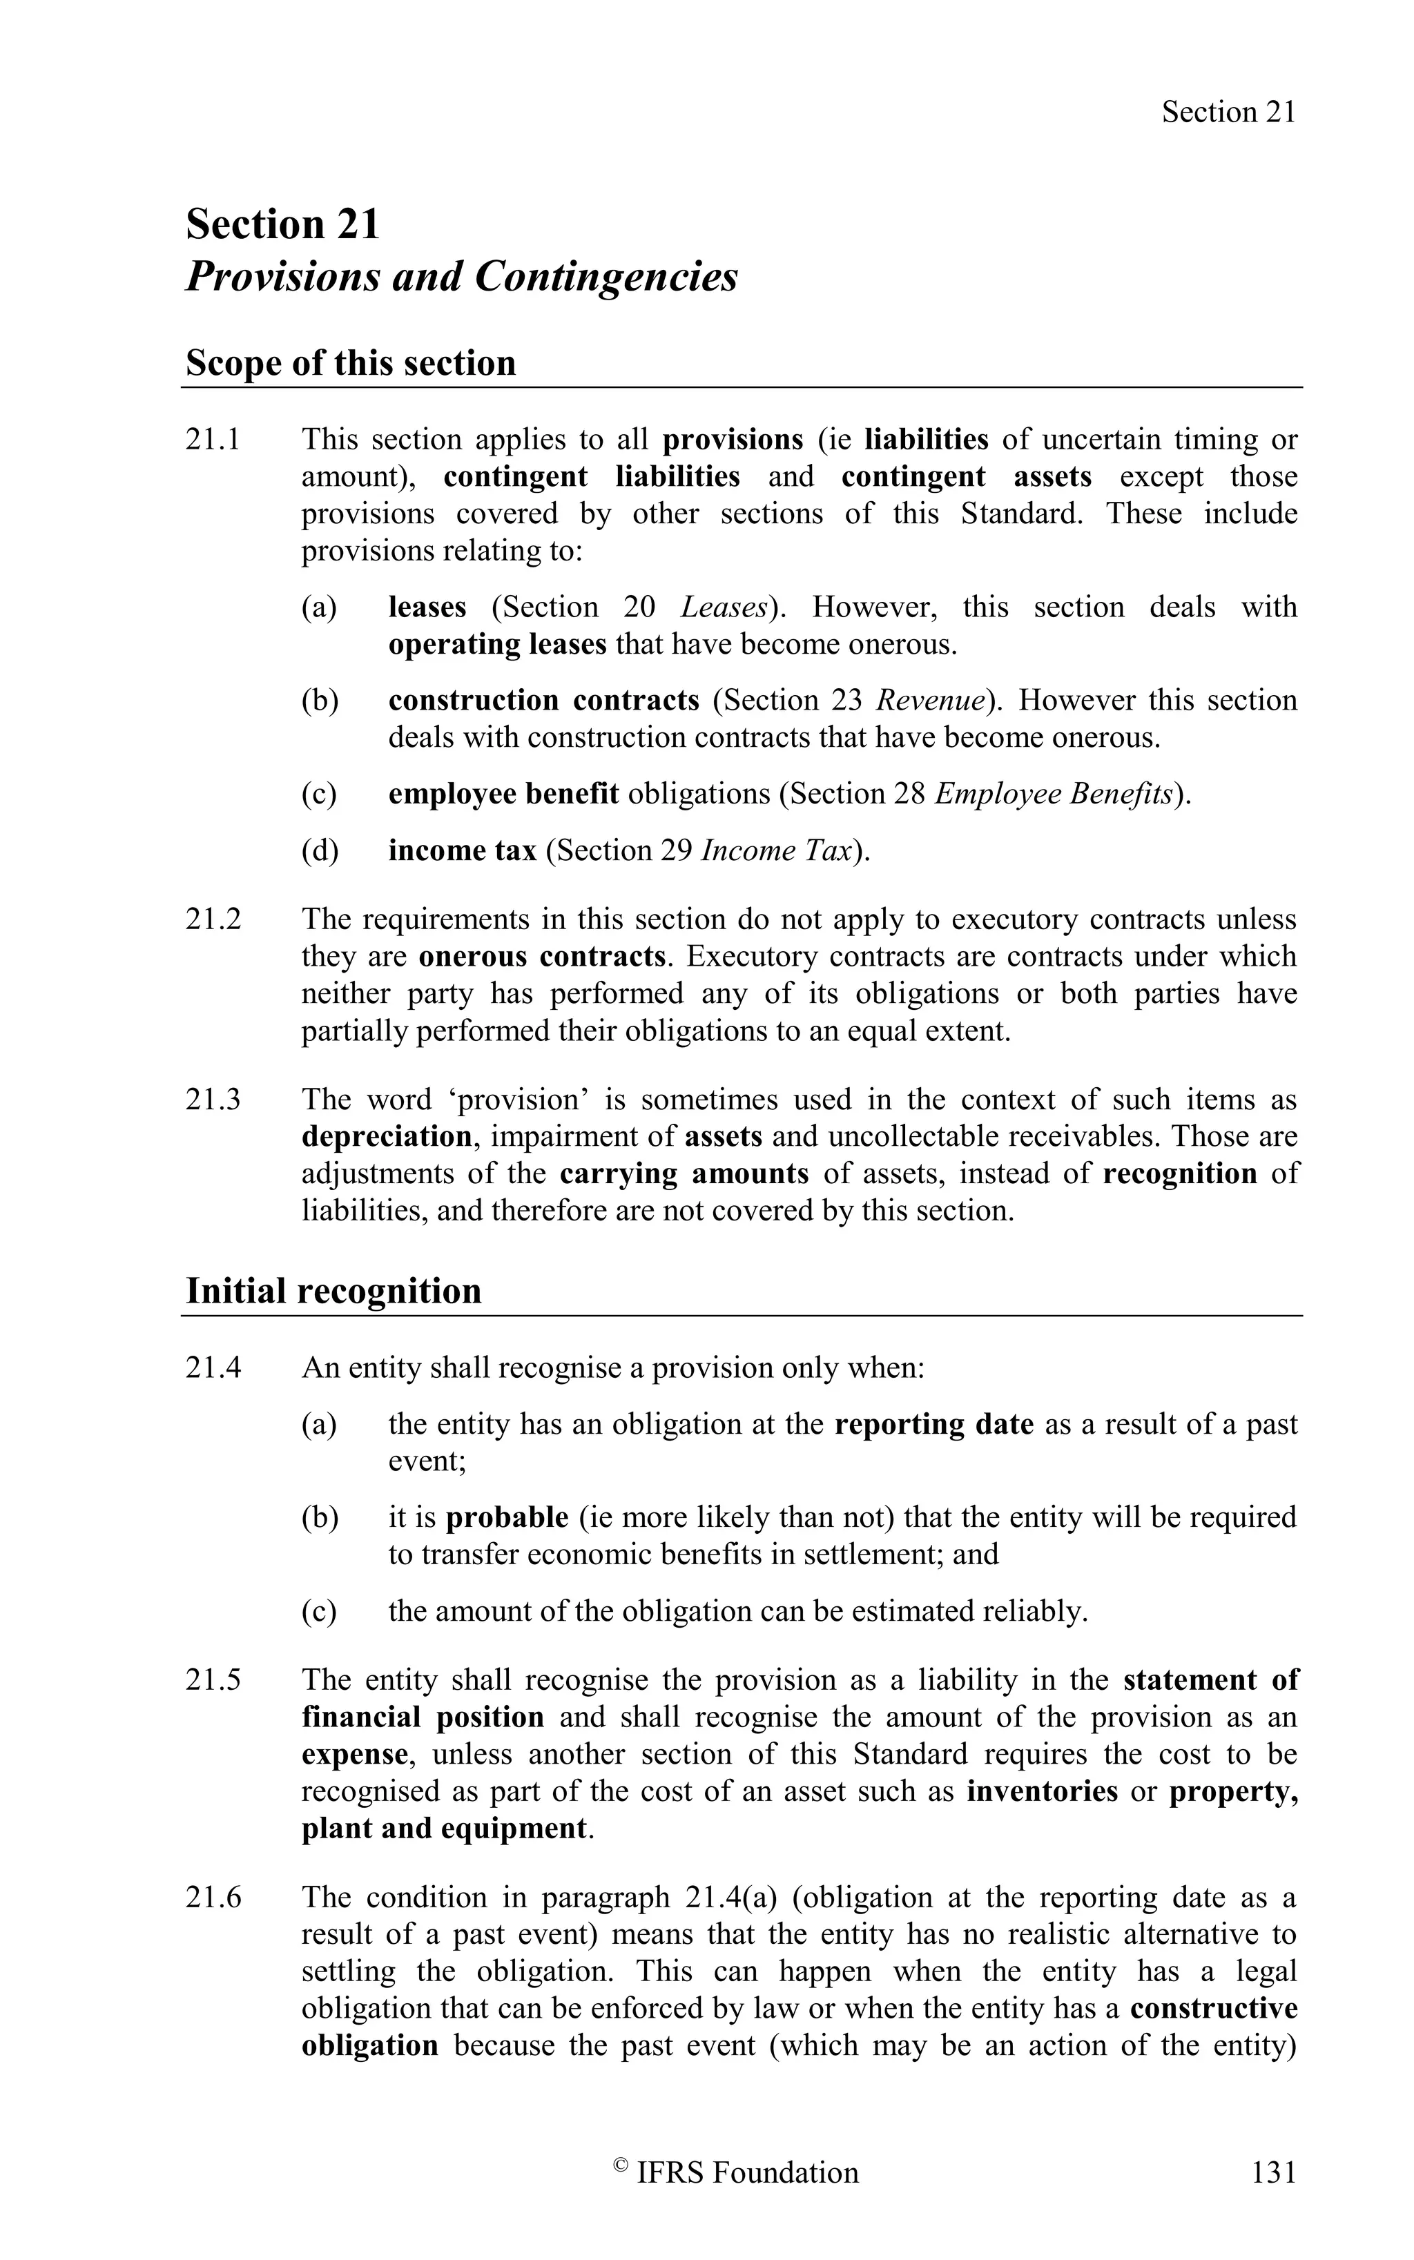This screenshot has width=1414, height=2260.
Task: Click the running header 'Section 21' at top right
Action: (1228, 113)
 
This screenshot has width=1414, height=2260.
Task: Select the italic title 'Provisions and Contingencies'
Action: (462, 277)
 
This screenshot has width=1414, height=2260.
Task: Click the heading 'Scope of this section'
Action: (351, 363)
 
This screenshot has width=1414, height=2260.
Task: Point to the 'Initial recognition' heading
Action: (334, 1292)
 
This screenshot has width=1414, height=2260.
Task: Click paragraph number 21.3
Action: (213, 1100)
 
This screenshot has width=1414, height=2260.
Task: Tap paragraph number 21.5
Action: (213, 1680)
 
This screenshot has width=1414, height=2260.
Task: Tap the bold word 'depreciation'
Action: (386, 1137)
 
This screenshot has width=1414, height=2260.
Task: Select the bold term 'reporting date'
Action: (933, 1424)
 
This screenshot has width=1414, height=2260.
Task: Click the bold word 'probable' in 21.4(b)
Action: (507, 1517)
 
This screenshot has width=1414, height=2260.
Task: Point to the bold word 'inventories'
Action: (1042, 1791)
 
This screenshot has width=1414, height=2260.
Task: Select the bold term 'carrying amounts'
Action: (684, 1173)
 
